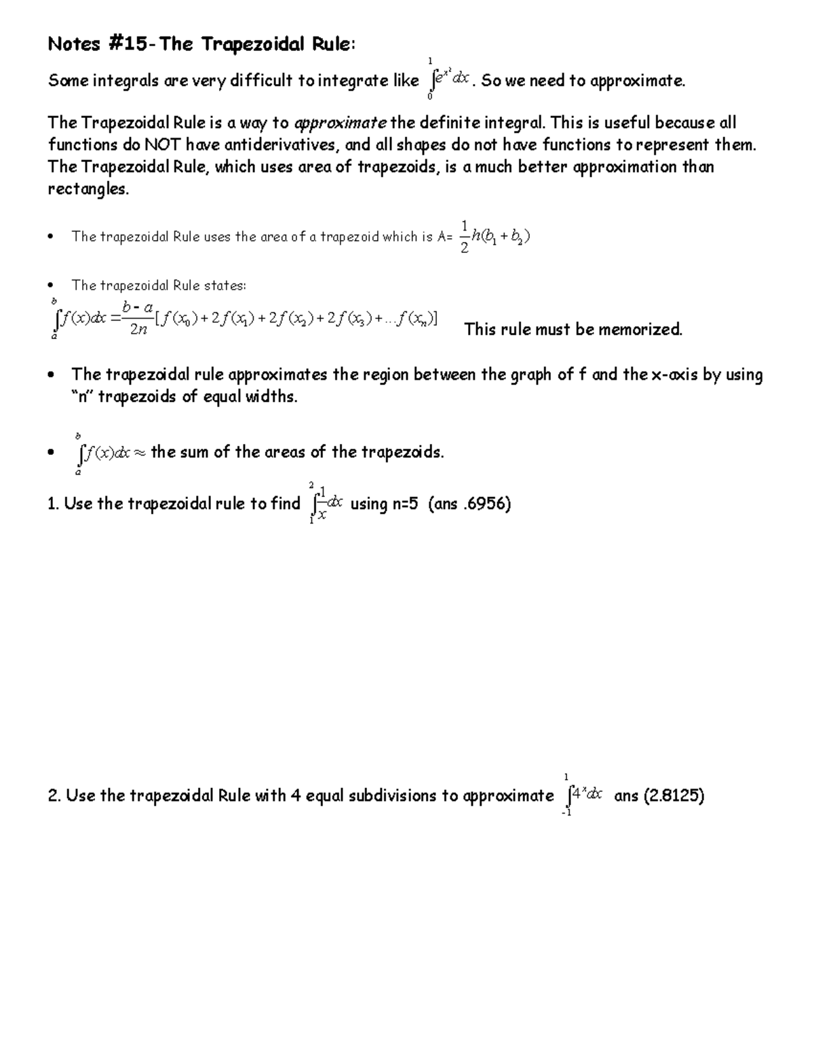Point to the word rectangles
(x=87, y=189)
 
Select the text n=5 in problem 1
(x=404, y=504)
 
